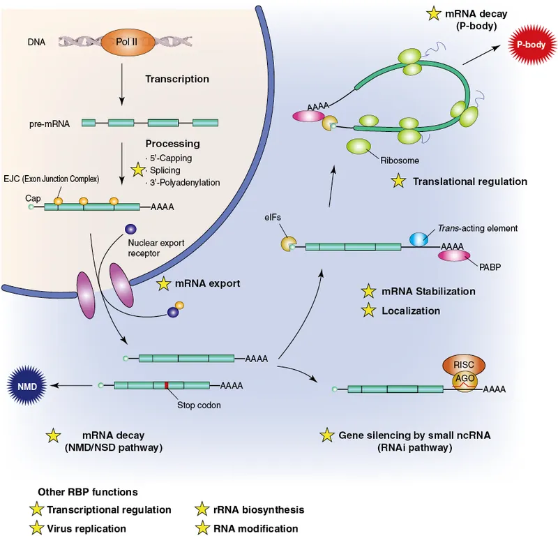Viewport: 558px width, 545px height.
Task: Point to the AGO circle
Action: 460,379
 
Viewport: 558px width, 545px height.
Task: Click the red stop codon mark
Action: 167,385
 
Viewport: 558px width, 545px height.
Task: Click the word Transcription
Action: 176,79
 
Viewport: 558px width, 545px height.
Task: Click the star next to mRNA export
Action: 164,284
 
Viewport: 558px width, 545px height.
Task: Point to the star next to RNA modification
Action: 203,528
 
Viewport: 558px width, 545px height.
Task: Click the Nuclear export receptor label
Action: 153,248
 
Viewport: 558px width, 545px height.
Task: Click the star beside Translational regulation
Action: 398,181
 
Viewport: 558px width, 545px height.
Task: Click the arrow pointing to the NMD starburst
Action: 73,385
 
